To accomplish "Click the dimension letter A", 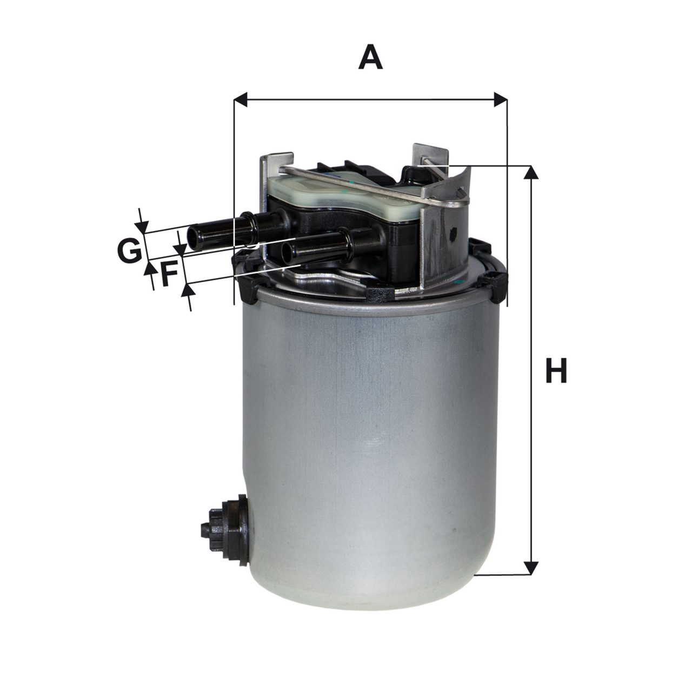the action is pos(370,58).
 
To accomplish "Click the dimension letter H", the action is pos(556,370).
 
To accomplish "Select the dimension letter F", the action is pos(169,274).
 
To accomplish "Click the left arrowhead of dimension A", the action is pos(241,99).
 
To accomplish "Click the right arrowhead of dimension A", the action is pos(500,99).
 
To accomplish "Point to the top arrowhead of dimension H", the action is pos(531,172).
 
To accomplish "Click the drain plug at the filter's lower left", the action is pos(224,534).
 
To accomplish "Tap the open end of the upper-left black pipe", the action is pos(193,238).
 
